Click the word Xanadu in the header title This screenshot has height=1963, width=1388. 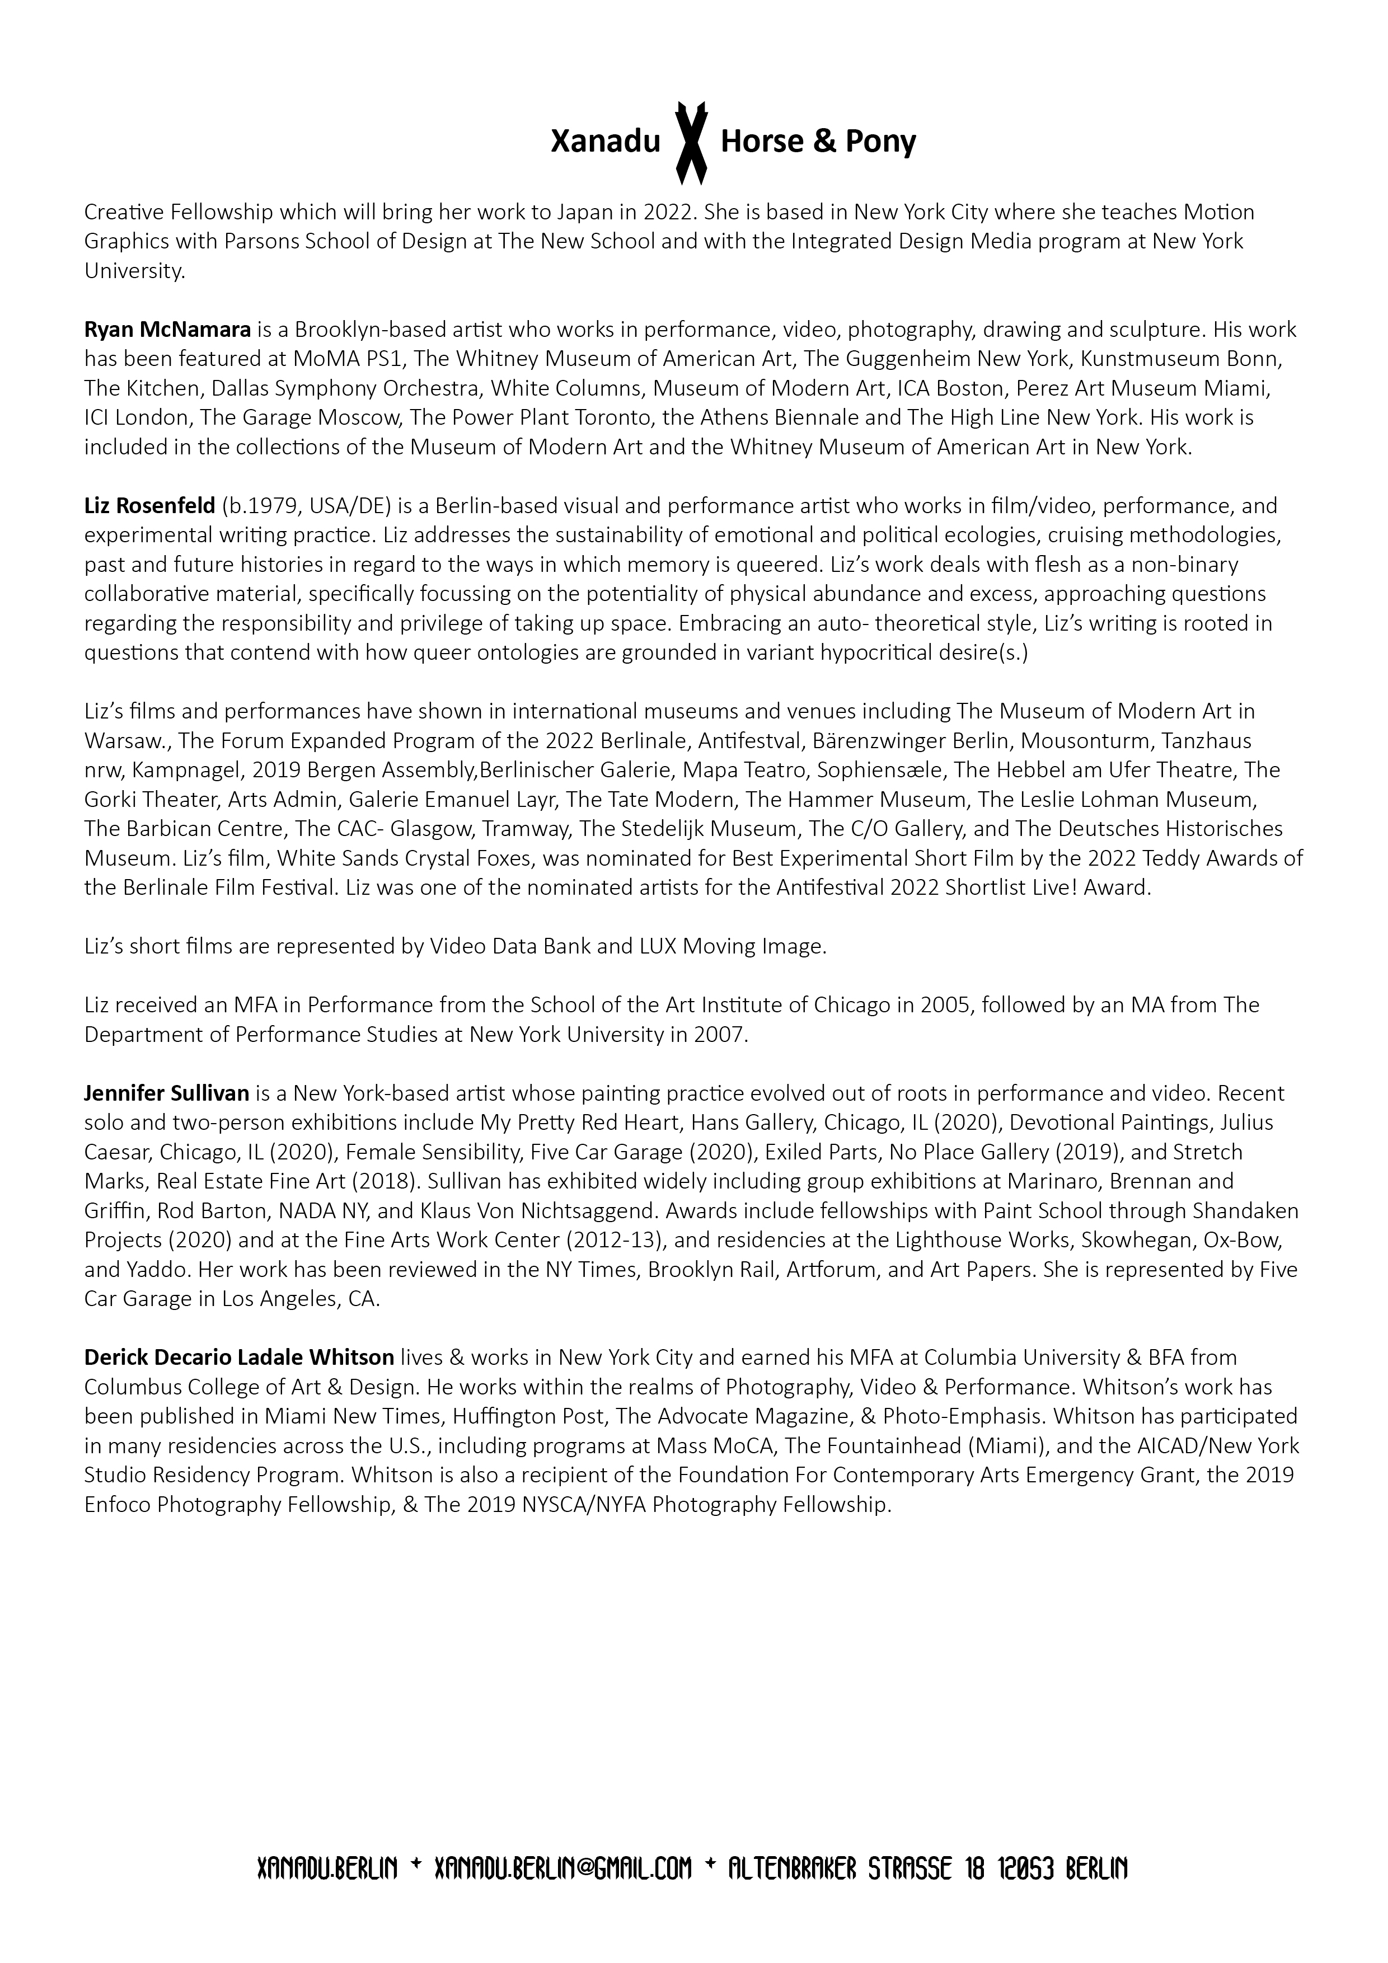pos(606,142)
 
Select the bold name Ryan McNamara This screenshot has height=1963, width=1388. pos(167,329)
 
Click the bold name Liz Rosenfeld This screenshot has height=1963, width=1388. pos(149,506)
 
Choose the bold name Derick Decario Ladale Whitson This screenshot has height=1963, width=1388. pos(240,1357)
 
